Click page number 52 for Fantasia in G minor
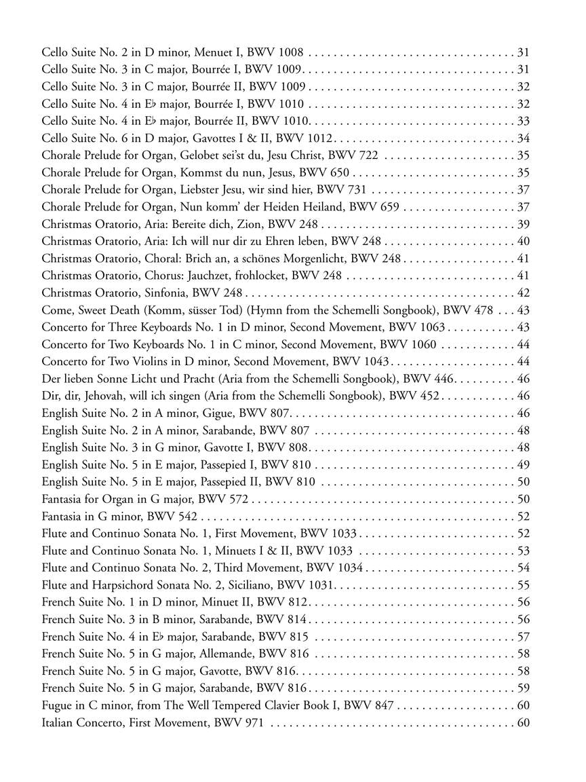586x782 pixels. pos(523,517)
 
